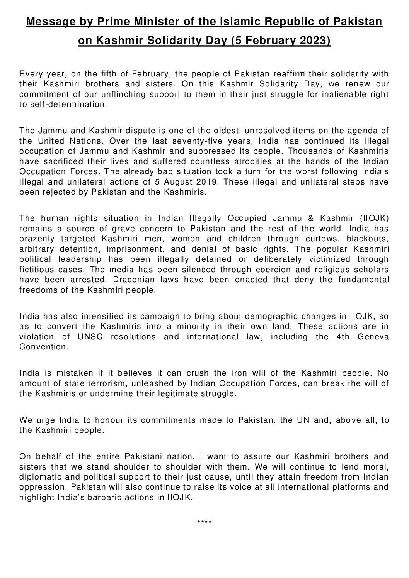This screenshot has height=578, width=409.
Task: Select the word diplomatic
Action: pyautogui.click(x=38, y=477)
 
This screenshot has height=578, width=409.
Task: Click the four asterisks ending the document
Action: pyautogui.click(x=204, y=523)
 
